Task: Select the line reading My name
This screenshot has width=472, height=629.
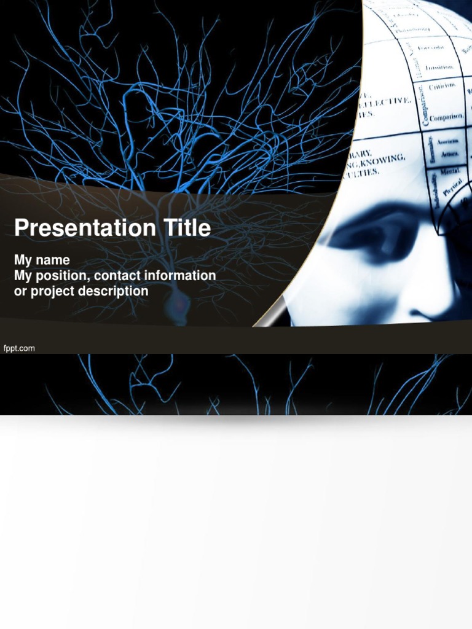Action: [x=42, y=260]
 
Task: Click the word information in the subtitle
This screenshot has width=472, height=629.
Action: [x=179, y=276]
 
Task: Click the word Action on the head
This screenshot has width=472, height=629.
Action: [x=450, y=154]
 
